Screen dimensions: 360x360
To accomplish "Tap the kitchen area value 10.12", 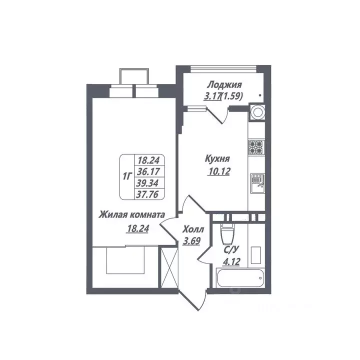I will tap(217, 173).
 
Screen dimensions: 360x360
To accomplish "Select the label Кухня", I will tap(217, 159).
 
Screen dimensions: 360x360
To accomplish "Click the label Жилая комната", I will tap(131, 215).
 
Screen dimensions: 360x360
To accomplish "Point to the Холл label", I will tap(193, 230).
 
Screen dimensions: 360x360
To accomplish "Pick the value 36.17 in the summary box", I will tap(148, 172).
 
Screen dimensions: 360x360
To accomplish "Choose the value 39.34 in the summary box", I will tap(148, 183).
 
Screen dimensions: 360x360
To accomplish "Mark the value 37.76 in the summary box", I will tap(148, 194).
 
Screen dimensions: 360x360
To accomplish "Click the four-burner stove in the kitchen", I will tap(256, 147).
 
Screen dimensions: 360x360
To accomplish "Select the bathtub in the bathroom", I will tap(240, 279).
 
